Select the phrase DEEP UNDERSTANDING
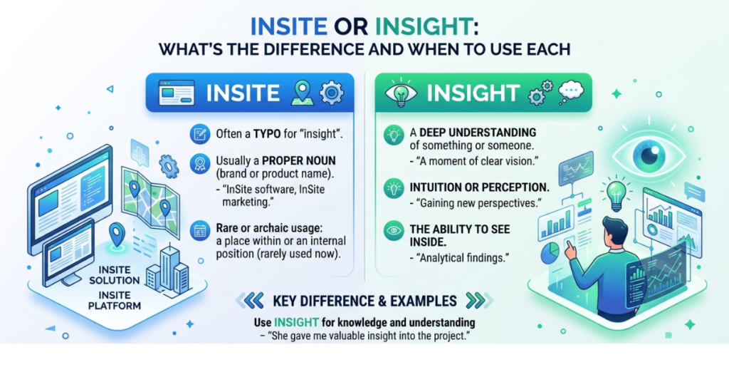466,133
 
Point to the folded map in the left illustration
148,190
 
